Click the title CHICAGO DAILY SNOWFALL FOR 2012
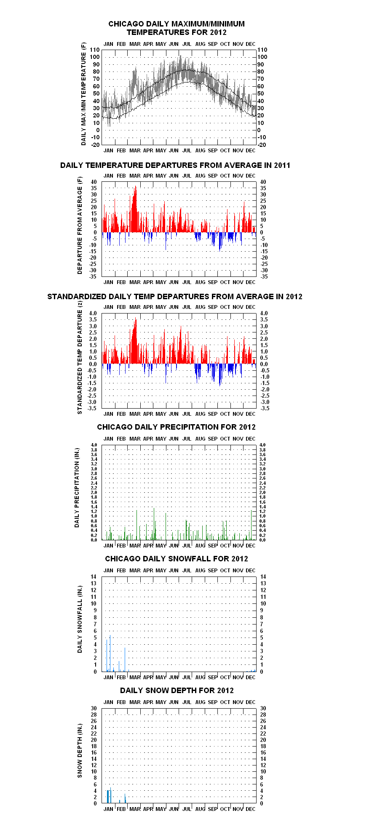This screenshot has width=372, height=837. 177,559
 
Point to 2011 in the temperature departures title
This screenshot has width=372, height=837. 282,165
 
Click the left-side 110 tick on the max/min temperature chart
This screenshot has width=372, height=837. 95,50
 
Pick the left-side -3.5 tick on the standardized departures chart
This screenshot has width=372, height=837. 92,408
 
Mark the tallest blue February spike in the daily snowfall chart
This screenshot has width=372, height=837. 125,659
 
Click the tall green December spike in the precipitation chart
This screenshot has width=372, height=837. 252,525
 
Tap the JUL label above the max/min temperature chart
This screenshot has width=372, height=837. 187,44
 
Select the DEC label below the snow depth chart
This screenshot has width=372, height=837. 251,809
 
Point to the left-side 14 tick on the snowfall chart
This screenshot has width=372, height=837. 94,577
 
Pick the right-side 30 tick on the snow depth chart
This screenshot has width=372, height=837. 263,708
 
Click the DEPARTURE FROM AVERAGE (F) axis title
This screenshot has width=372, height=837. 80,226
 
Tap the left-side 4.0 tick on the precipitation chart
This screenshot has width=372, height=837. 94,445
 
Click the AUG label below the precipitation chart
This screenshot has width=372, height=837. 201,545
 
